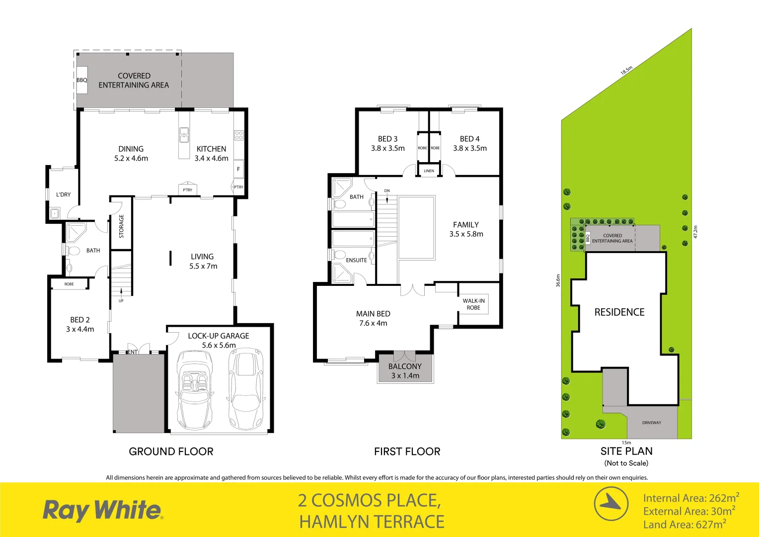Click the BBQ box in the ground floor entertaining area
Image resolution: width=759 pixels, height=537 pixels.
82,80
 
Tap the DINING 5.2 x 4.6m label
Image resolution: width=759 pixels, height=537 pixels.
131,154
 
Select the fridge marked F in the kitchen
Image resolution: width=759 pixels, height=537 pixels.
238,169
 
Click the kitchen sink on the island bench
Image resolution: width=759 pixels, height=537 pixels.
184,135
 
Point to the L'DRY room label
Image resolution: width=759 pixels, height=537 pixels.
63,194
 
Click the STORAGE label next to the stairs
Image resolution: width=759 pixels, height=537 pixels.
121,226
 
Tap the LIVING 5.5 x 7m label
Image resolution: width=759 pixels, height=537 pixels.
203,262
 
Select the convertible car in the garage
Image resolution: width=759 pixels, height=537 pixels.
195,390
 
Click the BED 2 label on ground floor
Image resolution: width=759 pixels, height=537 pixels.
80,324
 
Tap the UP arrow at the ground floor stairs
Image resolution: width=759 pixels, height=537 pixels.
121,294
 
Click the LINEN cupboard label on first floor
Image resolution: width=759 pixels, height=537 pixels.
429,171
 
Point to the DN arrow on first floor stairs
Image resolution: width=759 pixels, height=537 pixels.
387,197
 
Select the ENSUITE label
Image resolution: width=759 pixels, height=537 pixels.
356,260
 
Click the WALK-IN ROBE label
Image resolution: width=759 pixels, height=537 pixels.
473,304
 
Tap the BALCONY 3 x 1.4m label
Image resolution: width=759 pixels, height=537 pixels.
405,371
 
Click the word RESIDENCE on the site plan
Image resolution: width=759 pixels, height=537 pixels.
619,312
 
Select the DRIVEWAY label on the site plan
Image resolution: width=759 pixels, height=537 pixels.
651,423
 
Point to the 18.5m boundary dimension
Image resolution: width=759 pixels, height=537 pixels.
626,70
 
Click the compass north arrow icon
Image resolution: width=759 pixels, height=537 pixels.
611,504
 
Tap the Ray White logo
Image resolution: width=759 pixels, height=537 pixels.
102,510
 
